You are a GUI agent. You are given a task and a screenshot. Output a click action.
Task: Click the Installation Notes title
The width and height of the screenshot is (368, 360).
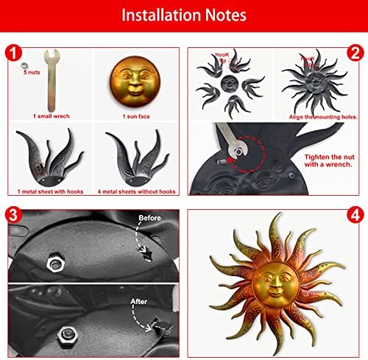coord(183,15)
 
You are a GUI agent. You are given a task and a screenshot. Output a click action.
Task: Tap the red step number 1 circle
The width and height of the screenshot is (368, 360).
coord(12,54)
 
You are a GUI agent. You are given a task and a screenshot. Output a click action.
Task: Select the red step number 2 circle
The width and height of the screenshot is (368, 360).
coord(356,54)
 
